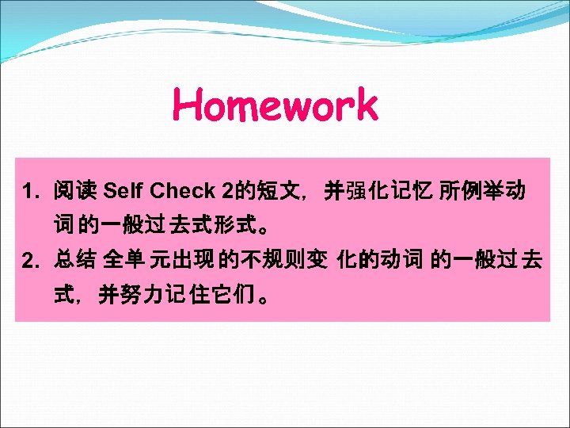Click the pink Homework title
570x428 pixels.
275,105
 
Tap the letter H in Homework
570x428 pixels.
189,105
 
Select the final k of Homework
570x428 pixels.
365,105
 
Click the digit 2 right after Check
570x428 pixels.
229,191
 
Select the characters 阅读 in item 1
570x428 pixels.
74,191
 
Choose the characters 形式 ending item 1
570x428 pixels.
230,225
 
